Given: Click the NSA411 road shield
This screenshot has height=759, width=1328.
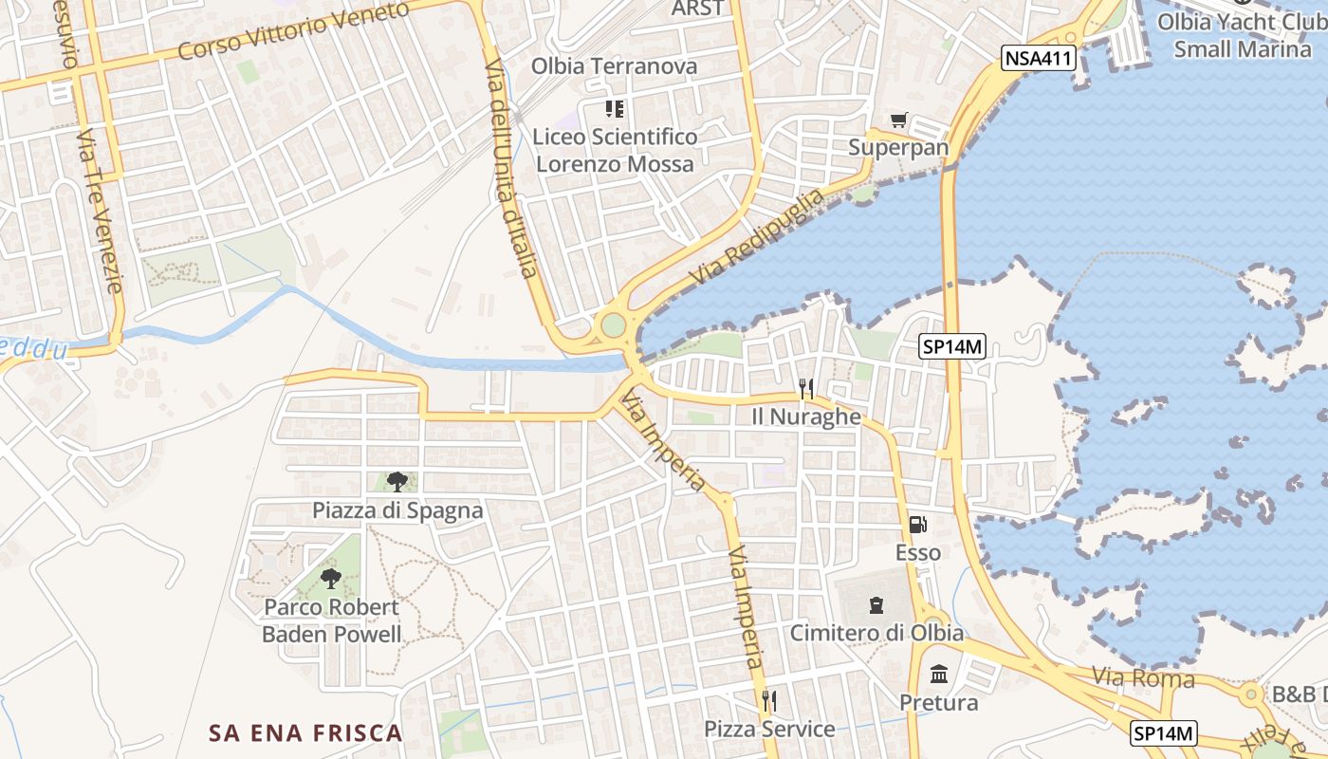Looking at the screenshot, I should [1038, 59].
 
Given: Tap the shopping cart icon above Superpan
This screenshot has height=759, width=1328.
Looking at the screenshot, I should [898, 120].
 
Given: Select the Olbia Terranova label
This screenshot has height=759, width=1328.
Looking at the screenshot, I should [614, 66].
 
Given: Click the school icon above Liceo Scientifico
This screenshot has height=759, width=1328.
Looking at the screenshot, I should [614, 109].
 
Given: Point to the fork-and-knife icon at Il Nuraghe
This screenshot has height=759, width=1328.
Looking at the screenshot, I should [806, 389].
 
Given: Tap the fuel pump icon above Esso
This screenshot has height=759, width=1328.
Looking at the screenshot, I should [917, 524].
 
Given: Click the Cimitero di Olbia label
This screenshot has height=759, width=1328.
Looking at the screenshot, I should [876, 633].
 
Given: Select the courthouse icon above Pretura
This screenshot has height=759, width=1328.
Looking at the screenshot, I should [939, 675].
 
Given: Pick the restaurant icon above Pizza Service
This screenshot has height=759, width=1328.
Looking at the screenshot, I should [768, 701].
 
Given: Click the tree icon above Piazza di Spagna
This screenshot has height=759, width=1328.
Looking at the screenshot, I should [397, 482].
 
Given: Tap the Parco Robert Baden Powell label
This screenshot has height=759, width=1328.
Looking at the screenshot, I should [331, 620].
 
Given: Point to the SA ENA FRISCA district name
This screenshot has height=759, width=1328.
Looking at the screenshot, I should [306, 732].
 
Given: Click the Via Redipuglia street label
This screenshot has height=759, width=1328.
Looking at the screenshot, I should [759, 237].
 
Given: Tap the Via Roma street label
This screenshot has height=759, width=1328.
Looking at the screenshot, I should [1143, 678].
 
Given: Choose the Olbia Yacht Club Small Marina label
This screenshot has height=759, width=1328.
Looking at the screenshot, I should [1242, 35].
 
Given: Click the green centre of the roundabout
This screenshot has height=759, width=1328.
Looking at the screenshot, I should [614, 325].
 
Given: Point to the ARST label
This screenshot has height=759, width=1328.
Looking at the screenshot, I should [697, 9].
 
